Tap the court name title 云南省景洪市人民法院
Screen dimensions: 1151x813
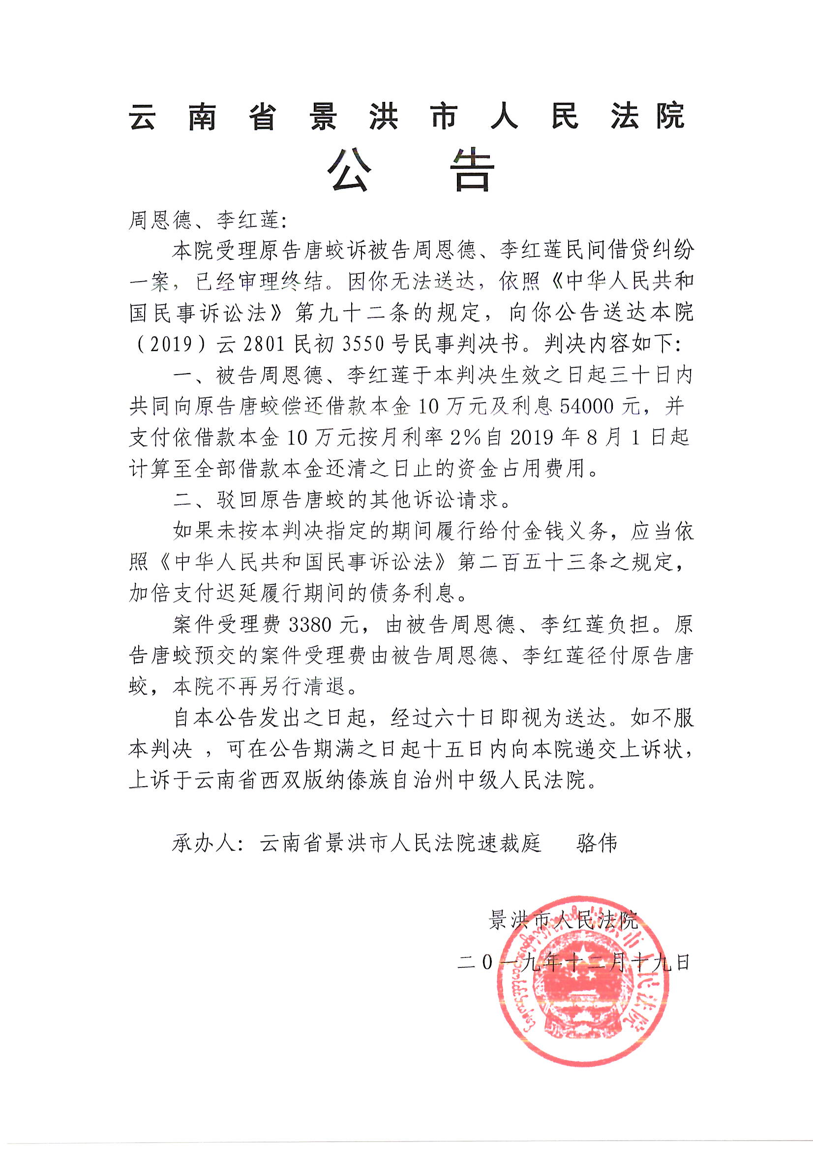tap(407, 117)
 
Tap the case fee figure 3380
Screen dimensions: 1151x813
tap(310, 625)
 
